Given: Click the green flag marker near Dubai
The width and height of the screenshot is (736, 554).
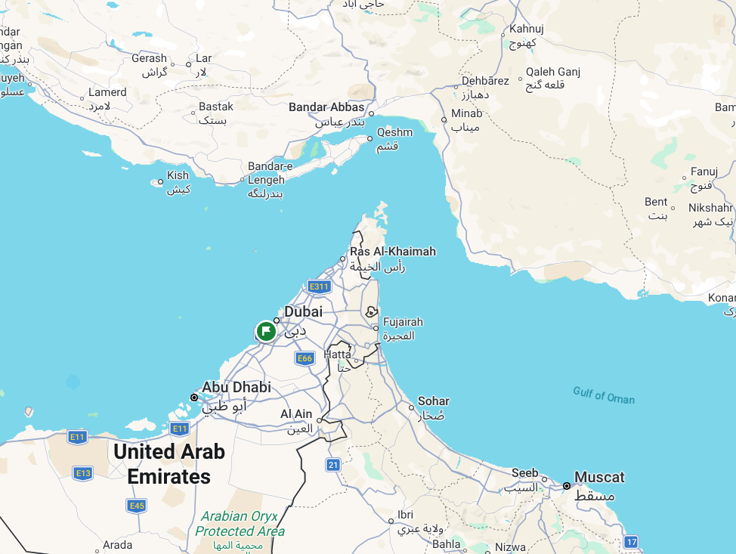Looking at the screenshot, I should [265, 331].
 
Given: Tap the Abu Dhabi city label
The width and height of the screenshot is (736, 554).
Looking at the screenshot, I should [236, 388].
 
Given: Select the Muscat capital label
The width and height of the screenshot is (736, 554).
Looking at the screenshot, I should [599, 478].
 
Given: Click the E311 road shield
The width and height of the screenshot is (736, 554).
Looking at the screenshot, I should [319, 286].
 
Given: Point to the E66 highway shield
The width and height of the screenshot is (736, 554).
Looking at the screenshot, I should [304, 358].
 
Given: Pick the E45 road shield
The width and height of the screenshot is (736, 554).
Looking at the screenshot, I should [136, 506].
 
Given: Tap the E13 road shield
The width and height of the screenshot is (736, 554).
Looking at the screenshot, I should [83, 473].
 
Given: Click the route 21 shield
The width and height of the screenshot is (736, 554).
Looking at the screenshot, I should [333, 464].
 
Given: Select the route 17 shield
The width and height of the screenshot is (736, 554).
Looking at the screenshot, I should [632, 542].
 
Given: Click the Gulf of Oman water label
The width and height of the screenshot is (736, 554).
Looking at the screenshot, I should [604, 395].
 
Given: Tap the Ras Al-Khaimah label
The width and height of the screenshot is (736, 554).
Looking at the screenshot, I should [392, 252].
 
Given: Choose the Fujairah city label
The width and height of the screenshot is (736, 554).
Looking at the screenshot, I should [403, 322].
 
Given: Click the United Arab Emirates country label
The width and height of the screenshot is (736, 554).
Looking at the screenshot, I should [169, 464].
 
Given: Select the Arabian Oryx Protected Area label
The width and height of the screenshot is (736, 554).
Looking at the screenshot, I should [239, 524].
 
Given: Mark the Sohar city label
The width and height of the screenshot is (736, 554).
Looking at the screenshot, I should [433, 401].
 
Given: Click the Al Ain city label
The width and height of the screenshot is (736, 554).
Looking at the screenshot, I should [296, 414].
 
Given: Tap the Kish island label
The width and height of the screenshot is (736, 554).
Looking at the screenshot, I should [178, 175].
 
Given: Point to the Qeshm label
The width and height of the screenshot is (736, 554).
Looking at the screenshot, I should [394, 133].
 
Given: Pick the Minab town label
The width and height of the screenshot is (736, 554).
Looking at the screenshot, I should [466, 114].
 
